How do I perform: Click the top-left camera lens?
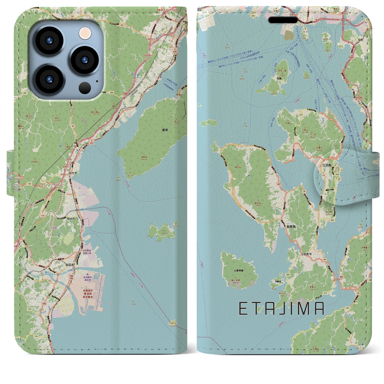(x=49, y=40)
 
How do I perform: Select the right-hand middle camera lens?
(x=85, y=59)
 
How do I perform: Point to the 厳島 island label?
(x=165, y=130)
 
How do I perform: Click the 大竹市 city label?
(x=73, y=173)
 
